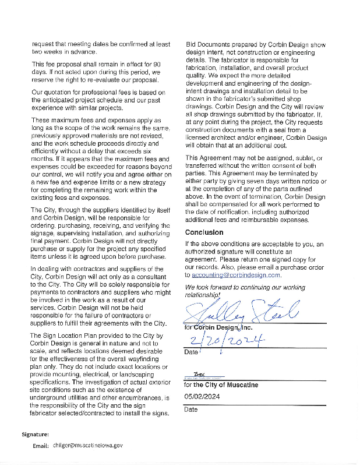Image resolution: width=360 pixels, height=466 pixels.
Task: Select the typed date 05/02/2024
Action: pos(201,397)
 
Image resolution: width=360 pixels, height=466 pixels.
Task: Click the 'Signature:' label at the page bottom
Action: pos(35,435)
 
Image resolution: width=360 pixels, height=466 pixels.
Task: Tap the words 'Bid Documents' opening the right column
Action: pos(206,44)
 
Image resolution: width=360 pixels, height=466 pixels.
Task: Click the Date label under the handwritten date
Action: pos(191,352)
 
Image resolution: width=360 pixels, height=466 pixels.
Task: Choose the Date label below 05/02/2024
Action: pos(191,409)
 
